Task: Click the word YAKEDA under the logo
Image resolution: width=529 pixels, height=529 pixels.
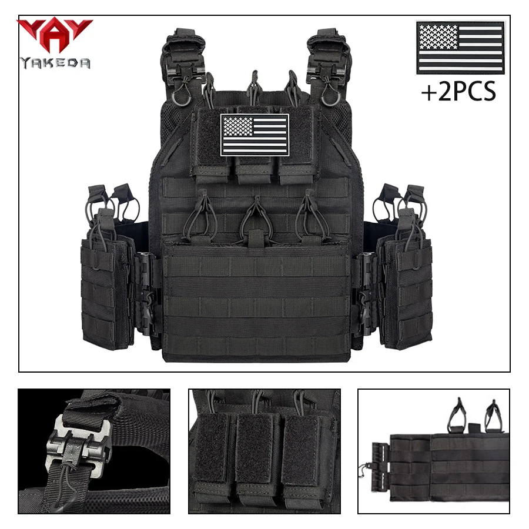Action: point(55,62)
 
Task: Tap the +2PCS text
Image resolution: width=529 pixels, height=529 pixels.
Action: point(458,92)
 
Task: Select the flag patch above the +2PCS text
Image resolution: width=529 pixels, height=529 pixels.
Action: point(460,48)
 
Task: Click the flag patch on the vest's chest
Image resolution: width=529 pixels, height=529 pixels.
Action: point(255,135)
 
